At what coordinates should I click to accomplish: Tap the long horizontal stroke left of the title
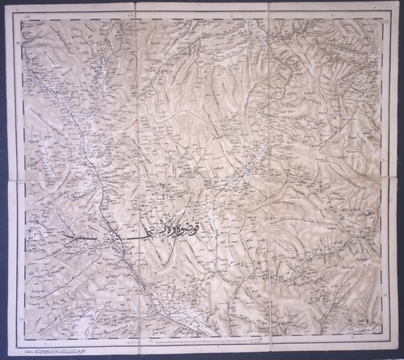pos(89,239)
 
